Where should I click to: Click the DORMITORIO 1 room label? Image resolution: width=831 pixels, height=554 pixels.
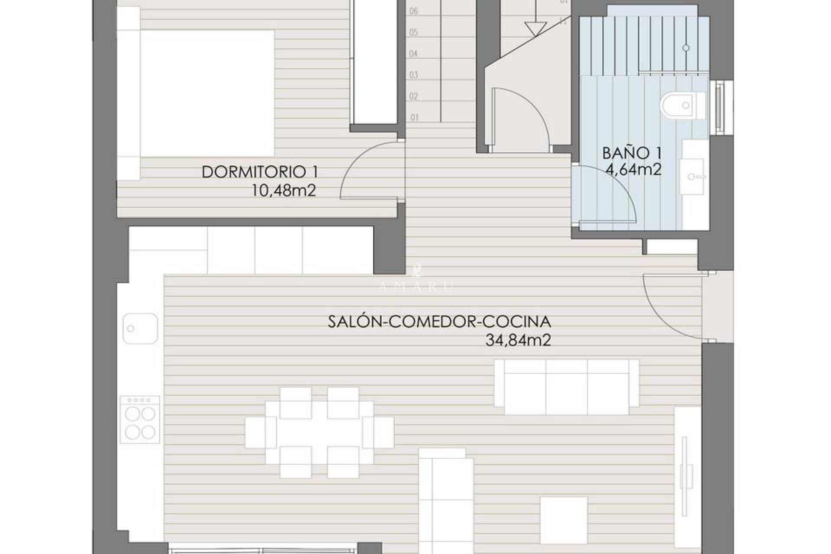260,172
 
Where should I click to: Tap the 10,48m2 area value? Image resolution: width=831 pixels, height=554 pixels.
284,191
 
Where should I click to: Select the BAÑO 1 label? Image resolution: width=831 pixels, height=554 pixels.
632,153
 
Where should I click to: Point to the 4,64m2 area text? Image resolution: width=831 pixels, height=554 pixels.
634,170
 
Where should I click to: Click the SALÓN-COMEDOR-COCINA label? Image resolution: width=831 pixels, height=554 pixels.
439,322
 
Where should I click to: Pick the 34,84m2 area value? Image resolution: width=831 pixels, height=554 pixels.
518,341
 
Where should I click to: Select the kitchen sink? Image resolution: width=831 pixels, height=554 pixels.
140,329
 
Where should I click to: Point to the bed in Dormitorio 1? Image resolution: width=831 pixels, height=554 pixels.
207,93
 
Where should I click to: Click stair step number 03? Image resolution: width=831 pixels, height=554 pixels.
414,75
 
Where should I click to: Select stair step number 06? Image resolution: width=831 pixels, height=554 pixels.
414,11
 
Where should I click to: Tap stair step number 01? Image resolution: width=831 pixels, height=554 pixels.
415,117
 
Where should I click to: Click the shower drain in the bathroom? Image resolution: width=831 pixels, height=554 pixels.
686,48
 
